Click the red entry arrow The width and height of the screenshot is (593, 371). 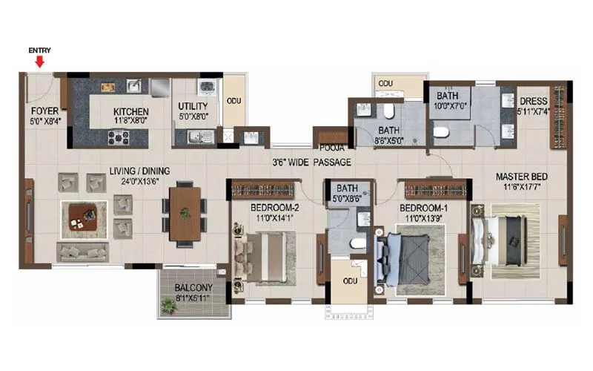click(x=39, y=62)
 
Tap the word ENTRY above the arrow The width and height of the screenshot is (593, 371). click(x=39, y=50)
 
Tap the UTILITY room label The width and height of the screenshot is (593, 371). click(x=192, y=106)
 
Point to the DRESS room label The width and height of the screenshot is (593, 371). click(x=533, y=102)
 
